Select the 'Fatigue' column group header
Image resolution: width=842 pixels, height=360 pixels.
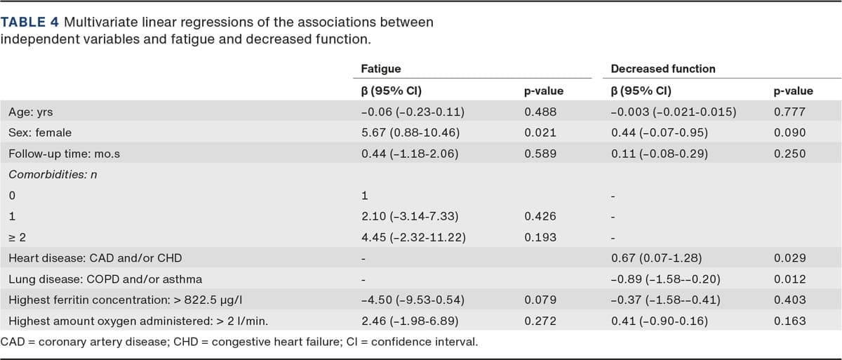(x=380, y=69)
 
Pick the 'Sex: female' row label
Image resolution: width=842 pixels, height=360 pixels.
(x=40, y=133)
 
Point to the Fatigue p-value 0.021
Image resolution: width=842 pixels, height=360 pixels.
(x=538, y=133)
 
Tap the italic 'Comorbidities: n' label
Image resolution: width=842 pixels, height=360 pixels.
(x=52, y=175)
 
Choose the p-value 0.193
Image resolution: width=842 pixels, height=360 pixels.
(x=538, y=237)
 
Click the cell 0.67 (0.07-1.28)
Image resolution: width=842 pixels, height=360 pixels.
(x=656, y=258)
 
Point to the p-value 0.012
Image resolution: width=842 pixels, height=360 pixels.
(x=788, y=279)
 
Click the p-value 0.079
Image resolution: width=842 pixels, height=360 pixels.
(x=538, y=300)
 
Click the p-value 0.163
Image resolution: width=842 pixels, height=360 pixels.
(x=788, y=321)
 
